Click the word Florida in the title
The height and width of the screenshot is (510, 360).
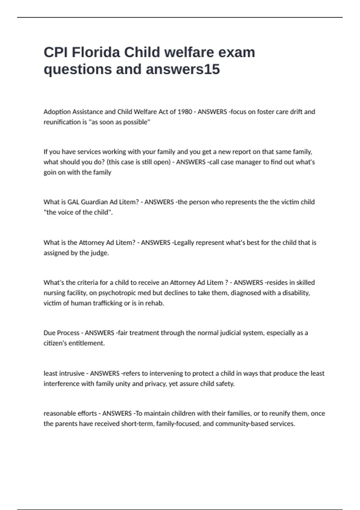pos(96,52)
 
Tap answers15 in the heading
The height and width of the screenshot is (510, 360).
pos(183,69)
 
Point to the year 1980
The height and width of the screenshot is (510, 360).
pos(185,112)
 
